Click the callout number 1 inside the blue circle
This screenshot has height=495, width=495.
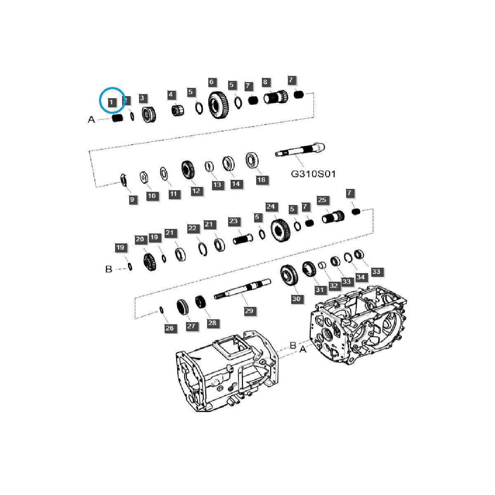click(111, 102)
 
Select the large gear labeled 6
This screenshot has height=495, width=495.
click(219, 107)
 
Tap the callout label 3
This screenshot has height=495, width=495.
click(142, 98)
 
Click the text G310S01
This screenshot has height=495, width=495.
click(313, 174)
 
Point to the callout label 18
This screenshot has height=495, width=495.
click(262, 180)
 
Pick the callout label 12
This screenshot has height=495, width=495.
click(196, 191)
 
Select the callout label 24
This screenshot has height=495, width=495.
click(271, 207)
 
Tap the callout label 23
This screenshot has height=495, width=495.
click(233, 221)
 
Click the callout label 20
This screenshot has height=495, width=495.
click(140, 239)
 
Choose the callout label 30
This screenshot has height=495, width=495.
click(296, 299)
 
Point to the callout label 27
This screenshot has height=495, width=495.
click(191, 326)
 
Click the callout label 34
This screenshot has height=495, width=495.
click(361, 277)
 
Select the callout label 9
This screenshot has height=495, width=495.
click(132, 200)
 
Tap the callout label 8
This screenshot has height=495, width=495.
click(265, 82)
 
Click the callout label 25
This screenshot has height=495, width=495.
click(322, 200)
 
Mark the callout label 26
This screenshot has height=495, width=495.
click(170, 328)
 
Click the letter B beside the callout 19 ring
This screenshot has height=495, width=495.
click(109, 269)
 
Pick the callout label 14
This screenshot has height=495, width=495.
click(236, 184)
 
